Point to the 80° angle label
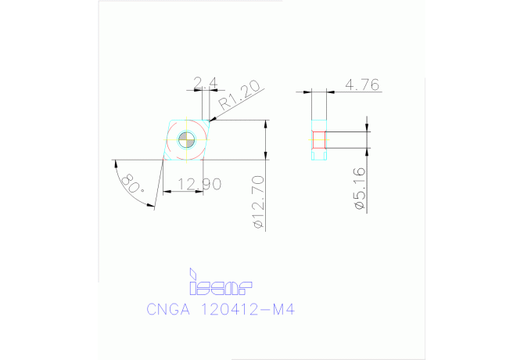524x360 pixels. coord(133,184)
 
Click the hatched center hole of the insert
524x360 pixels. coord(186,140)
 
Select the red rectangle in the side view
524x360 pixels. coord(318,141)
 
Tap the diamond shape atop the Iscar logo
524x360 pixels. coord(192,271)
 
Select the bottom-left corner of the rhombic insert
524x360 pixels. coord(163,160)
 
